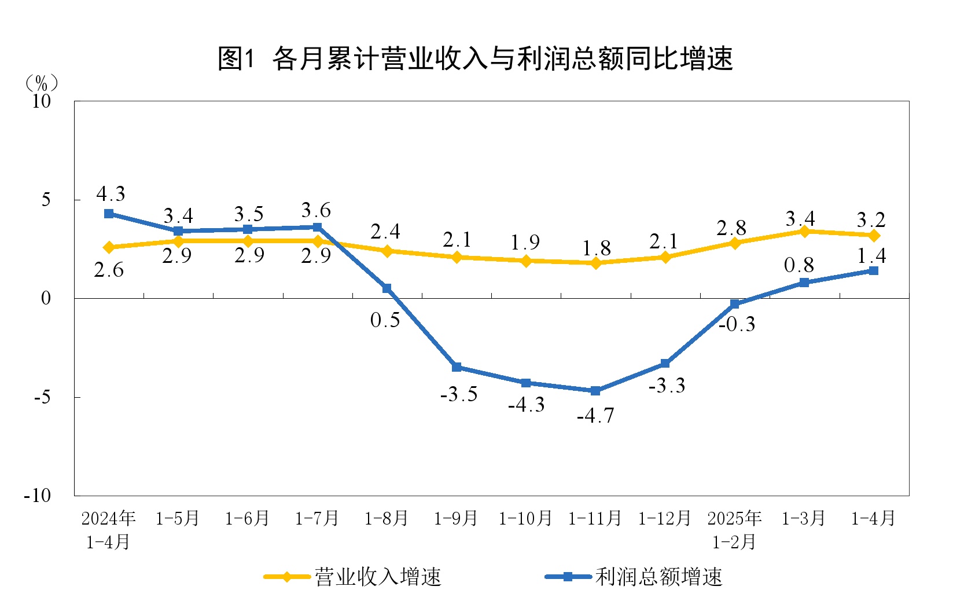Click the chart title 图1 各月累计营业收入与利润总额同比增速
[x=475, y=58]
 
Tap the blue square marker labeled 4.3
[x=109, y=214]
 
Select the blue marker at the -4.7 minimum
[x=595, y=391]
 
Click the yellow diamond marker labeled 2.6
[x=109, y=247]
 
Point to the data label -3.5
[x=459, y=395]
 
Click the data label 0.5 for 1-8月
[x=385, y=320]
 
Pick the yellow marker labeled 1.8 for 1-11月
[x=595, y=263]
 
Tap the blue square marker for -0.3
[x=735, y=304]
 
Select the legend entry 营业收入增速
[x=353, y=577]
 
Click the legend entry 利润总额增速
[x=635, y=577]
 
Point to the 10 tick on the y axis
[x=42, y=101]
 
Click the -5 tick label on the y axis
[x=42, y=397]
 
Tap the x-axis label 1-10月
[x=525, y=518]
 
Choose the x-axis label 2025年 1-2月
[x=734, y=530]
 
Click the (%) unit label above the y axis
[x=42, y=83]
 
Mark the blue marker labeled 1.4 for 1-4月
[x=874, y=270]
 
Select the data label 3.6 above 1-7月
[x=316, y=210]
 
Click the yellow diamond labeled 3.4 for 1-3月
[x=804, y=232]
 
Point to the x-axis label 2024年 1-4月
[x=108, y=530]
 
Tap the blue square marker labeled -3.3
[x=665, y=364]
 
